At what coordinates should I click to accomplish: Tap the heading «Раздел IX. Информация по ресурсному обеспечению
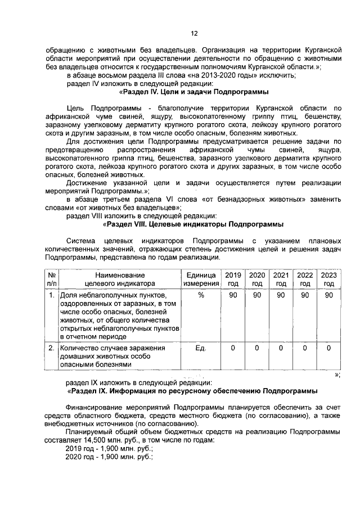(x=192, y=390)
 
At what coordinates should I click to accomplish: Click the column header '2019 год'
(x=232, y=279)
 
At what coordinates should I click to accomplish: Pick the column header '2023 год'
(x=329, y=279)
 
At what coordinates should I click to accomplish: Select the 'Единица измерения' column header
(x=200, y=279)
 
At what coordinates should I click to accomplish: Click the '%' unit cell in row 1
(x=200, y=295)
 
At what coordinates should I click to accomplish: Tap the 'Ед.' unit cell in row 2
(x=200, y=348)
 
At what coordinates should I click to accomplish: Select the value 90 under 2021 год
(x=281, y=295)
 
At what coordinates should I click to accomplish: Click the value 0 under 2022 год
(x=305, y=348)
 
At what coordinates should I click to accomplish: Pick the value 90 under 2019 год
(x=232, y=295)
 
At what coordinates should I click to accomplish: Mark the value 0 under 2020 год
(x=256, y=348)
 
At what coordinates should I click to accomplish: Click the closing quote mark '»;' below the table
(x=337, y=375)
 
